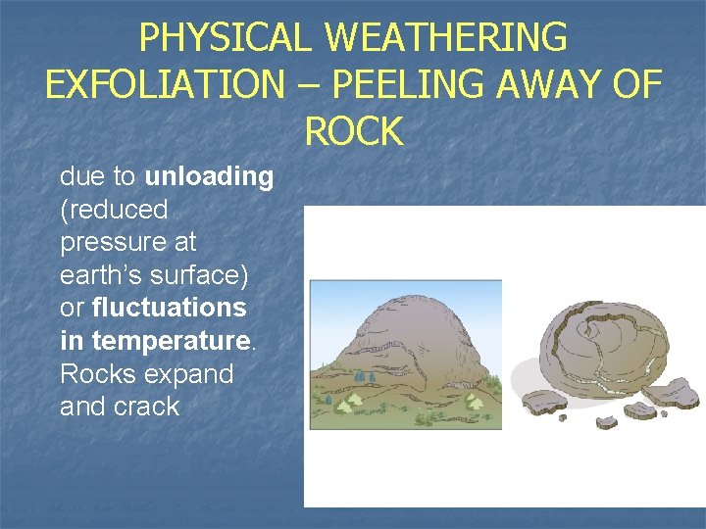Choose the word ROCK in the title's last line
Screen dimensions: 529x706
(x=353, y=131)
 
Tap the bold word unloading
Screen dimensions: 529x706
(x=209, y=177)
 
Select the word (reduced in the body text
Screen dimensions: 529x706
(x=114, y=210)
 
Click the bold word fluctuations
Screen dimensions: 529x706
(x=169, y=308)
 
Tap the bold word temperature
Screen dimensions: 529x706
(x=169, y=341)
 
